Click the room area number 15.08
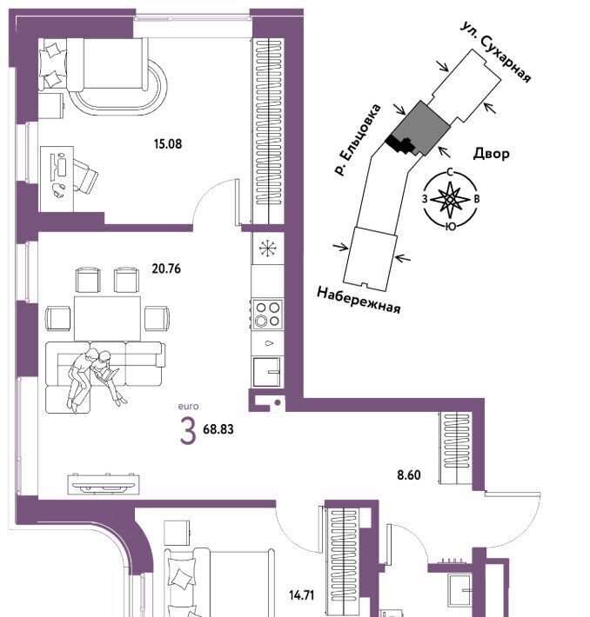(x=168, y=144)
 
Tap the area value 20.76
(x=166, y=269)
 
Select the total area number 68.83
(x=218, y=429)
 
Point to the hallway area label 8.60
(x=409, y=475)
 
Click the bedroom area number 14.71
(x=301, y=595)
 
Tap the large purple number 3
(x=188, y=431)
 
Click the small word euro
(x=188, y=407)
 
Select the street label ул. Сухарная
(x=496, y=51)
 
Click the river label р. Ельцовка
(x=358, y=139)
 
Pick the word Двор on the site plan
(x=491, y=153)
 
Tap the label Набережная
(x=359, y=300)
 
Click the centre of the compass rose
(x=450, y=200)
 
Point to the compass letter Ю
(x=451, y=226)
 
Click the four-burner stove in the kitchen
(x=268, y=314)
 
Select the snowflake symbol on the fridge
(x=268, y=248)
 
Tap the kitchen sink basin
(x=267, y=372)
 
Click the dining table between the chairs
(x=107, y=318)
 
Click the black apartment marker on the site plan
(x=399, y=143)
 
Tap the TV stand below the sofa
(x=104, y=484)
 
